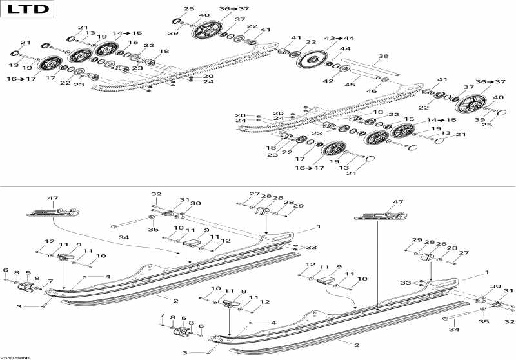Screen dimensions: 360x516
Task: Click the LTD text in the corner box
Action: [28, 11]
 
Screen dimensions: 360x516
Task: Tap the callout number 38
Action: [383, 56]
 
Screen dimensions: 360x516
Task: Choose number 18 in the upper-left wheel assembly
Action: [164, 51]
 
